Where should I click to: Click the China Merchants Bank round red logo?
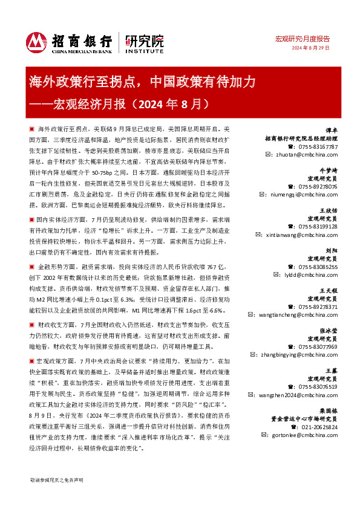[x=36, y=42]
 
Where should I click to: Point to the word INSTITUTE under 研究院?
[x=144, y=53]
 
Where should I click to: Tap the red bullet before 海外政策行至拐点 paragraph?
[x=31, y=130]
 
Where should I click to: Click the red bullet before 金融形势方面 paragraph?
[x=31, y=266]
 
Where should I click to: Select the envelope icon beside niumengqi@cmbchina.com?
[x=261, y=195]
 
